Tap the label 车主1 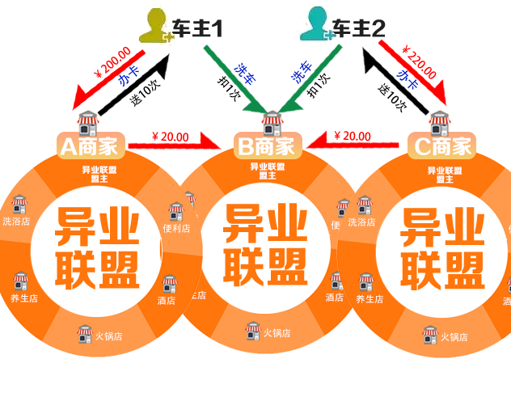coord(197,29)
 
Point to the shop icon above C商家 coord(440,123)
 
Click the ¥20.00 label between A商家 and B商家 coord(170,137)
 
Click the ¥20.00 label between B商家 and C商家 coord(352,136)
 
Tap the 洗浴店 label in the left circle coord(15,221)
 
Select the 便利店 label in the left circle coord(176,228)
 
